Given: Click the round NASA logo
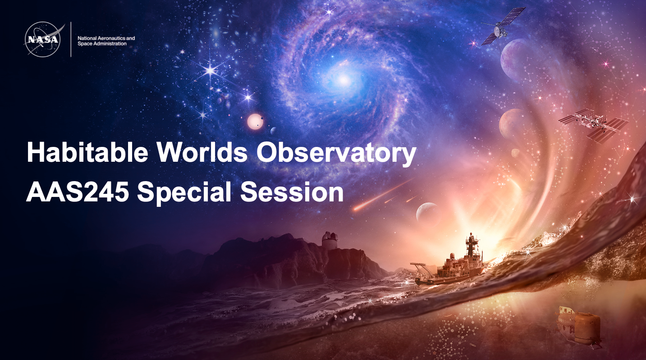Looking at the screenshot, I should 42,40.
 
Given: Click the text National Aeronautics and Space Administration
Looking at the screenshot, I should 106,41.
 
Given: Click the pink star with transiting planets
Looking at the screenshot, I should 255,122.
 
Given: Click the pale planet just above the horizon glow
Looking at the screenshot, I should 427,213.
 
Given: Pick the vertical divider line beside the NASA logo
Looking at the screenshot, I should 71,40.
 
